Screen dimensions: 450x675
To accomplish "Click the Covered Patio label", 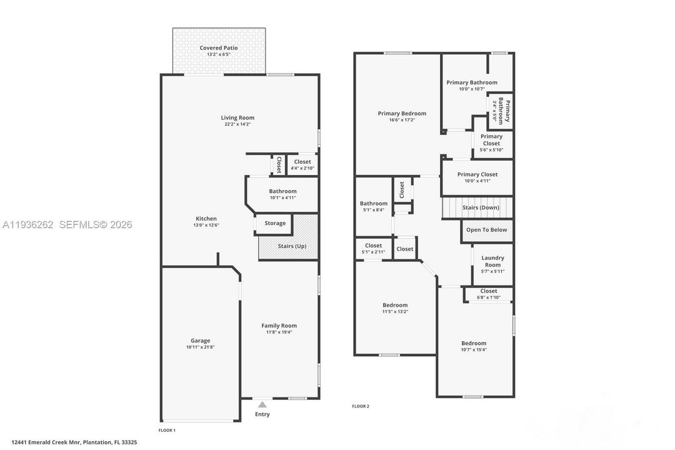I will point(218,47).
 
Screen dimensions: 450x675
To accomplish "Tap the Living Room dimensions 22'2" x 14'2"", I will point(237,124).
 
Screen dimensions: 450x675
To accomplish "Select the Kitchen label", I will point(206,218).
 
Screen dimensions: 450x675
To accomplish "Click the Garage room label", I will point(200,341).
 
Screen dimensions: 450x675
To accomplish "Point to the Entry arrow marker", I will point(262,405).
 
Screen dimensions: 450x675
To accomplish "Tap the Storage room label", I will point(275,223).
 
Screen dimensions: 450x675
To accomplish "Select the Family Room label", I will point(279,325).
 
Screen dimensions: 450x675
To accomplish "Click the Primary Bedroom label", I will point(402,113).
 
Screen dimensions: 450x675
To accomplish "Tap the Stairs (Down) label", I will point(481,207).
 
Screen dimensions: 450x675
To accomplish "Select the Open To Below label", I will point(487,229).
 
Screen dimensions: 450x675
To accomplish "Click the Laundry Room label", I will point(492,261).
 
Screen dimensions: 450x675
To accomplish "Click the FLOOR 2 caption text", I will point(361,406).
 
